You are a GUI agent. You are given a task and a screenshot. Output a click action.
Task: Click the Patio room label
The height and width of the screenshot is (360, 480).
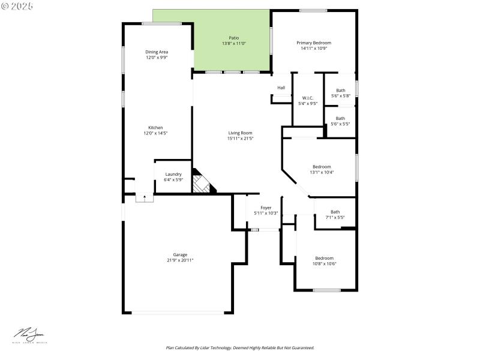(234, 38)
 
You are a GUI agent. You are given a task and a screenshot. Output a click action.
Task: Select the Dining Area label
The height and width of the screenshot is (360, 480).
(157, 52)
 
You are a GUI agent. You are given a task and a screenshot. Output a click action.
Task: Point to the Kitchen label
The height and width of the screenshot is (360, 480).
(155, 127)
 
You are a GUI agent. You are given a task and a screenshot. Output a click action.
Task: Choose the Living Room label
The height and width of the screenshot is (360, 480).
(240, 133)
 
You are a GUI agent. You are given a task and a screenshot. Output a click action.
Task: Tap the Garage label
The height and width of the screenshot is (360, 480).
(180, 254)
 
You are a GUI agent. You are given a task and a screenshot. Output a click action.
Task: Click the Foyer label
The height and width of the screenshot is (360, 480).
(265, 208)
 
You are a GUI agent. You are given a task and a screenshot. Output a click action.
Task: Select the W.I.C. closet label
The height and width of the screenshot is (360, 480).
(308, 98)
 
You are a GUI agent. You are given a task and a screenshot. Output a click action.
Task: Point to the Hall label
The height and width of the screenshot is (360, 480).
(281, 88)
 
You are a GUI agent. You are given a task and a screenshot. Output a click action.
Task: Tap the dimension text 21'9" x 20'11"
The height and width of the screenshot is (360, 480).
(180, 260)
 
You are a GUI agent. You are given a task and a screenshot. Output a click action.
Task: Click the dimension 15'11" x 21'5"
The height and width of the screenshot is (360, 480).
(240, 139)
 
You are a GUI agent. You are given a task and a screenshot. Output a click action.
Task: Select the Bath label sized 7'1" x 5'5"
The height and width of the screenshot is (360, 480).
(335, 212)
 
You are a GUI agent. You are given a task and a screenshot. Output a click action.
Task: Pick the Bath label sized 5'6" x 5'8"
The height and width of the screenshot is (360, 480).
(340, 91)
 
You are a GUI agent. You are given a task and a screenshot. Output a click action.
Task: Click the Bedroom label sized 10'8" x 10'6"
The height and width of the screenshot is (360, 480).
(325, 258)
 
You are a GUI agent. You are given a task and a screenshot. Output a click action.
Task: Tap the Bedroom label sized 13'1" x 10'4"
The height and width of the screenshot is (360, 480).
(322, 167)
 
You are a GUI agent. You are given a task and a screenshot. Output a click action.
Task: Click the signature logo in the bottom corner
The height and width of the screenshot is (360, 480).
(29, 335)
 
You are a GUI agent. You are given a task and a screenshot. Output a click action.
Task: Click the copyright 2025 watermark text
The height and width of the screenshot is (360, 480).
(17, 5)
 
